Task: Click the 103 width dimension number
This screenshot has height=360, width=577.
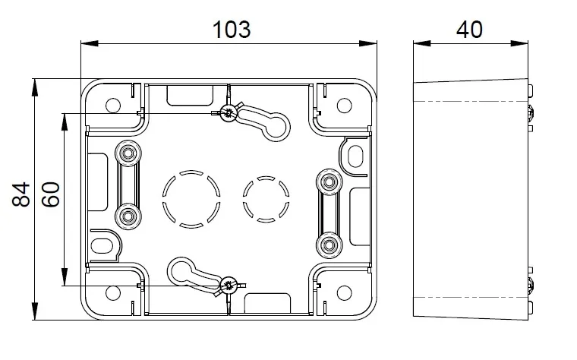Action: tap(232, 30)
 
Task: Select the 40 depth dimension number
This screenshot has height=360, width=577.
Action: tap(469, 30)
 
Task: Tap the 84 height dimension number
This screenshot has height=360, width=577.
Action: tap(21, 194)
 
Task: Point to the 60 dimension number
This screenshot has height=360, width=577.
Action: tap(50, 194)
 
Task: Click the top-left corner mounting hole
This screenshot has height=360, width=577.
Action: tap(113, 106)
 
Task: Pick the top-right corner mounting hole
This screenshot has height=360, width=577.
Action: tap(345, 106)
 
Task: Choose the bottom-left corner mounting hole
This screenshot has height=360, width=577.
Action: tap(113, 293)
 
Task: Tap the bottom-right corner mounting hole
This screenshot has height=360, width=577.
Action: tap(345, 293)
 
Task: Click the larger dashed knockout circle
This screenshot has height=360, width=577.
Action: tap(191, 199)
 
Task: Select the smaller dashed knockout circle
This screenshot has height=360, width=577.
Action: tap(266, 200)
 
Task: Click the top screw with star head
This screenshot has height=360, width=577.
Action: tap(229, 112)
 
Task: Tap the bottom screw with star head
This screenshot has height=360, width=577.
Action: tap(229, 286)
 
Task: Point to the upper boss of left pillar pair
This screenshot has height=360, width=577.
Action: tap(128, 153)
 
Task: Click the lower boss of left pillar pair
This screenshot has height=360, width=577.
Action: tap(128, 216)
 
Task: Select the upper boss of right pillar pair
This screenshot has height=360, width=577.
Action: tap(329, 182)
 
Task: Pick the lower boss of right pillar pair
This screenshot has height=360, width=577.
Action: tap(329, 245)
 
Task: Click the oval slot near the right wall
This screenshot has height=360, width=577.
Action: tap(355, 156)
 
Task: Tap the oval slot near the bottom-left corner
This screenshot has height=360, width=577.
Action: tap(102, 246)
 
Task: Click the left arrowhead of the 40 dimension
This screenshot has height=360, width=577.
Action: tap(422, 43)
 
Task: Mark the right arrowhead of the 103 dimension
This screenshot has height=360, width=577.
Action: tap(368, 43)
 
